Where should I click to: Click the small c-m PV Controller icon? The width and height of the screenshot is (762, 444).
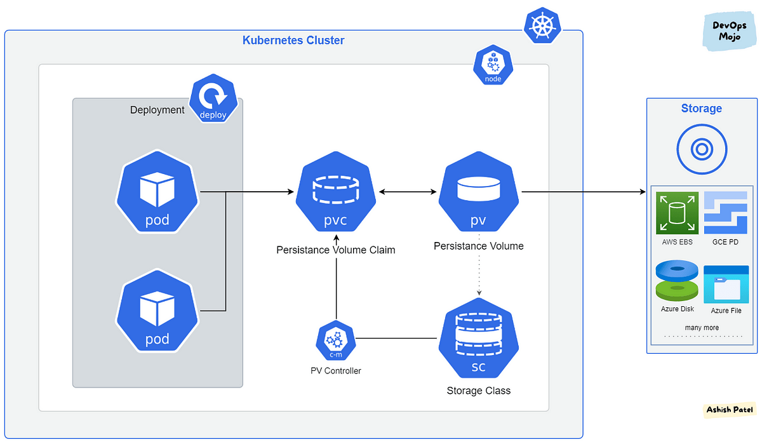(x=336, y=342)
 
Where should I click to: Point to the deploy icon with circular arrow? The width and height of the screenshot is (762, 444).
(x=213, y=101)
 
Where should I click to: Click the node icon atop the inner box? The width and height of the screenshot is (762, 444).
(x=493, y=66)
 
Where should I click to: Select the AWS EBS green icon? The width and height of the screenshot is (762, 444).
(x=677, y=213)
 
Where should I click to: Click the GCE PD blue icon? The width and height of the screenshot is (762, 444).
(x=725, y=213)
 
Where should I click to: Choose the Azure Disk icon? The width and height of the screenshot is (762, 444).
(x=677, y=281)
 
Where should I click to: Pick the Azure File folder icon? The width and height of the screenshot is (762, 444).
(x=725, y=284)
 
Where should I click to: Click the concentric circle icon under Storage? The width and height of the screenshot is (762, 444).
(x=701, y=150)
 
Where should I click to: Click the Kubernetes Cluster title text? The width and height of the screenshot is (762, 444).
(x=293, y=41)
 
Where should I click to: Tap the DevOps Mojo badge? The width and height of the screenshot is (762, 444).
(x=729, y=32)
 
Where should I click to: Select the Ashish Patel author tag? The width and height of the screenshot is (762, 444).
(x=730, y=410)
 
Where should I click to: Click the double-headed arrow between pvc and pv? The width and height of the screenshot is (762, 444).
(x=407, y=192)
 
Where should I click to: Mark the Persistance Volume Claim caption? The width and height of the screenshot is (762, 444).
(x=336, y=250)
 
